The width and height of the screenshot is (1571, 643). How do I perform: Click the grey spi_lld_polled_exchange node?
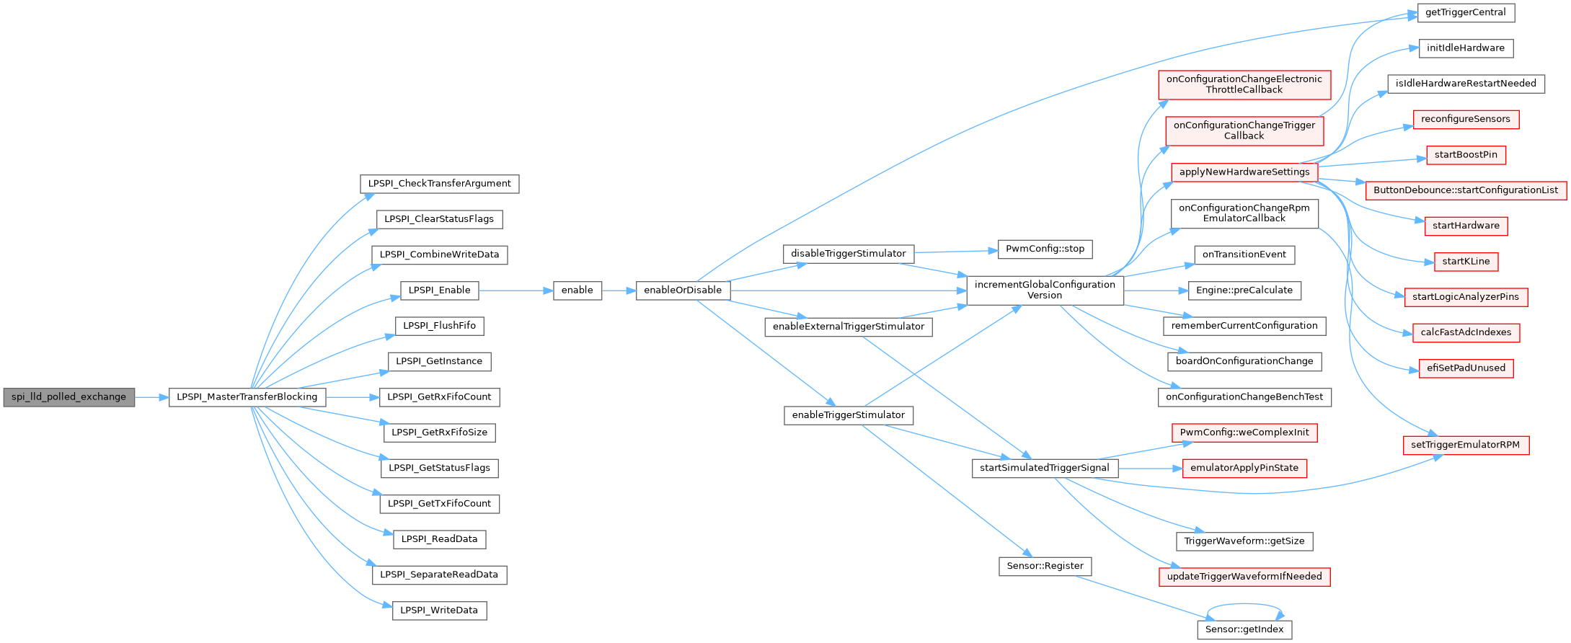coord(69,397)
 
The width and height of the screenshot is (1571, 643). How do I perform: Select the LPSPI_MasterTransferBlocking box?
coord(247,397)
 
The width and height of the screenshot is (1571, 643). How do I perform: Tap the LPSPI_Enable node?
coord(440,291)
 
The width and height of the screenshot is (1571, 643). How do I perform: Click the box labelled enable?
coord(577,291)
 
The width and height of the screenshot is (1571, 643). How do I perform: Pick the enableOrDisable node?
coord(683,291)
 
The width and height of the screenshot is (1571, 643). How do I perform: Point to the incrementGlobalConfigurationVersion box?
coord(1045,291)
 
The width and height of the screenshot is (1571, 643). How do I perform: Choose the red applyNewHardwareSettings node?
coord(1244,172)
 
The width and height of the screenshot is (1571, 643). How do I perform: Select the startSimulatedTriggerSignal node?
coord(1045,469)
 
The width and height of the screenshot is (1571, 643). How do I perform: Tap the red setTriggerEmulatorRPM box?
coord(1466,445)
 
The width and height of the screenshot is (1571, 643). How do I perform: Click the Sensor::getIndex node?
coord(1244,630)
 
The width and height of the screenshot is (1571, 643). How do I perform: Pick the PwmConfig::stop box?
coord(1045,249)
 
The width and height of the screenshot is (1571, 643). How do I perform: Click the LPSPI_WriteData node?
coord(440,611)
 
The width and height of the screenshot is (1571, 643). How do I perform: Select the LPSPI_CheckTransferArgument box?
coord(440,184)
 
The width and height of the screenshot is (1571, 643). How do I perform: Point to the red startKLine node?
coord(1466,262)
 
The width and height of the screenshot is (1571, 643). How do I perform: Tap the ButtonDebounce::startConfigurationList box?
coord(1466,190)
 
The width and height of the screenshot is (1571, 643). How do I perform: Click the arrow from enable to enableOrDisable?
coord(619,291)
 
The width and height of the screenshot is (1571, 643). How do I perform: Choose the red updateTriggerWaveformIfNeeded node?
coord(1244,577)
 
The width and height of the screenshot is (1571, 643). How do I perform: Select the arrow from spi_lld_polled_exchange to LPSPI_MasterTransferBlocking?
coord(151,397)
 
